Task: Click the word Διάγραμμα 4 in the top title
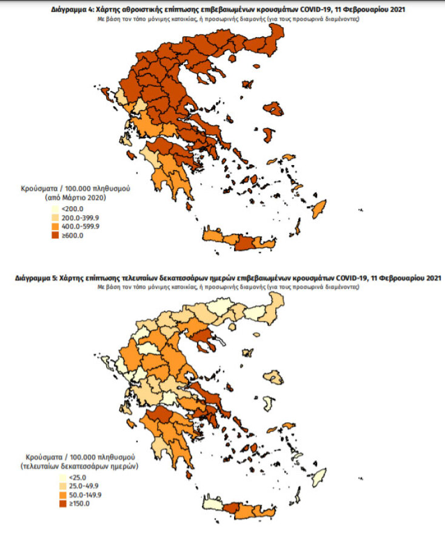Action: coord(61,10)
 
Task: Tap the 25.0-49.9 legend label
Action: coord(68,486)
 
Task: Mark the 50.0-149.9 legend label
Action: coord(70,495)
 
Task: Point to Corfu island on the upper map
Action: coord(107,94)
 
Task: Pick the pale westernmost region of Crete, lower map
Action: coord(213,504)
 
